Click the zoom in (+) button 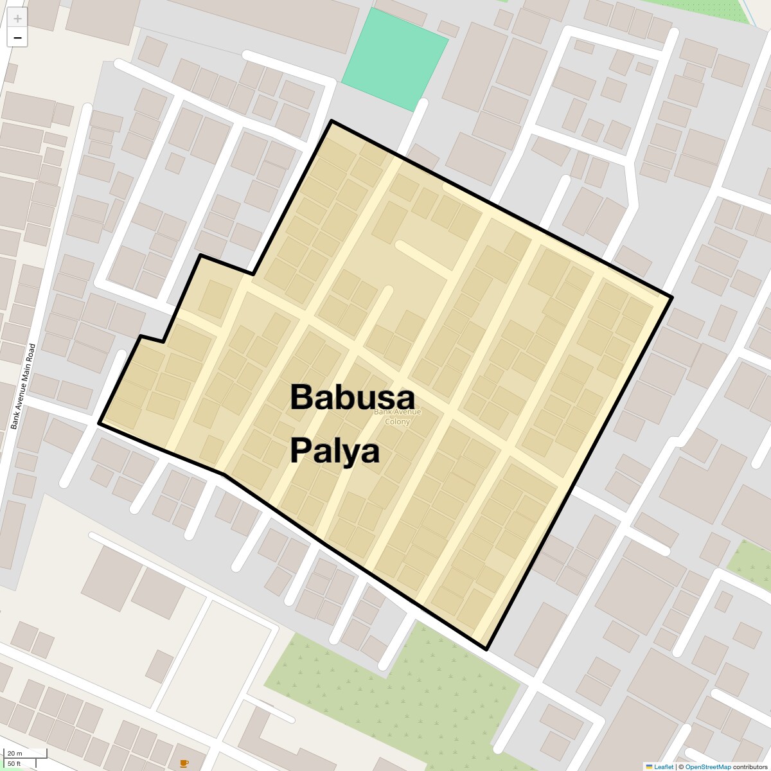pyautogui.click(x=17, y=19)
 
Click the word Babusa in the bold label pyautogui.click(x=352, y=397)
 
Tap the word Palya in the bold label pyautogui.click(x=334, y=451)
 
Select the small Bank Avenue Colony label pyautogui.click(x=397, y=416)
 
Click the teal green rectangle pyautogui.click(x=394, y=60)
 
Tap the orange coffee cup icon pyautogui.click(x=184, y=763)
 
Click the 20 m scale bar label pyautogui.click(x=15, y=754)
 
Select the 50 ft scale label pyautogui.click(x=14, y=763)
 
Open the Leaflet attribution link pyautogui.click(x=664, y=767)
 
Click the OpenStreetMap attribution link pyautogui.click(x=708, y=767)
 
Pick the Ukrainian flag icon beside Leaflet pyautogui.click(x=649, y=767)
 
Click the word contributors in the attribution pyautogui.click(x=750, y=767)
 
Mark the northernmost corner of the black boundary pyautogui.click(x=332, y=121)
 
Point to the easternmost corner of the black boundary pyautogui.click(x=672, y=297)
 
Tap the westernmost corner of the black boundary pyautogui.click(x=99, y=423)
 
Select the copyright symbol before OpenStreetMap pyautogui.click(x=681, y=767)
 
